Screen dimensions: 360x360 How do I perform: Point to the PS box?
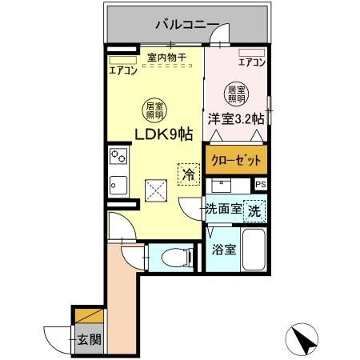pyautogui.click(x=260, y=185)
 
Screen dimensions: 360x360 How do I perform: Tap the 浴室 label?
pyautogui.click(x=223, y=249)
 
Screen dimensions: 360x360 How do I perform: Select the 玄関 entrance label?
pyautogui.click(x=89, y=339)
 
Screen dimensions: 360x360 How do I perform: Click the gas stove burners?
pyautogui.click(x=118, y=156)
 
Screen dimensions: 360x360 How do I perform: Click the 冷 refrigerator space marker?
pyautogui.click(x=188, y=174)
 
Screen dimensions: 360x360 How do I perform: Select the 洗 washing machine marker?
pyautogui.click(x=254, y=212)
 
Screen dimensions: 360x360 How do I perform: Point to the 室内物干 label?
pyautogui.click(x=166, y=57)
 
